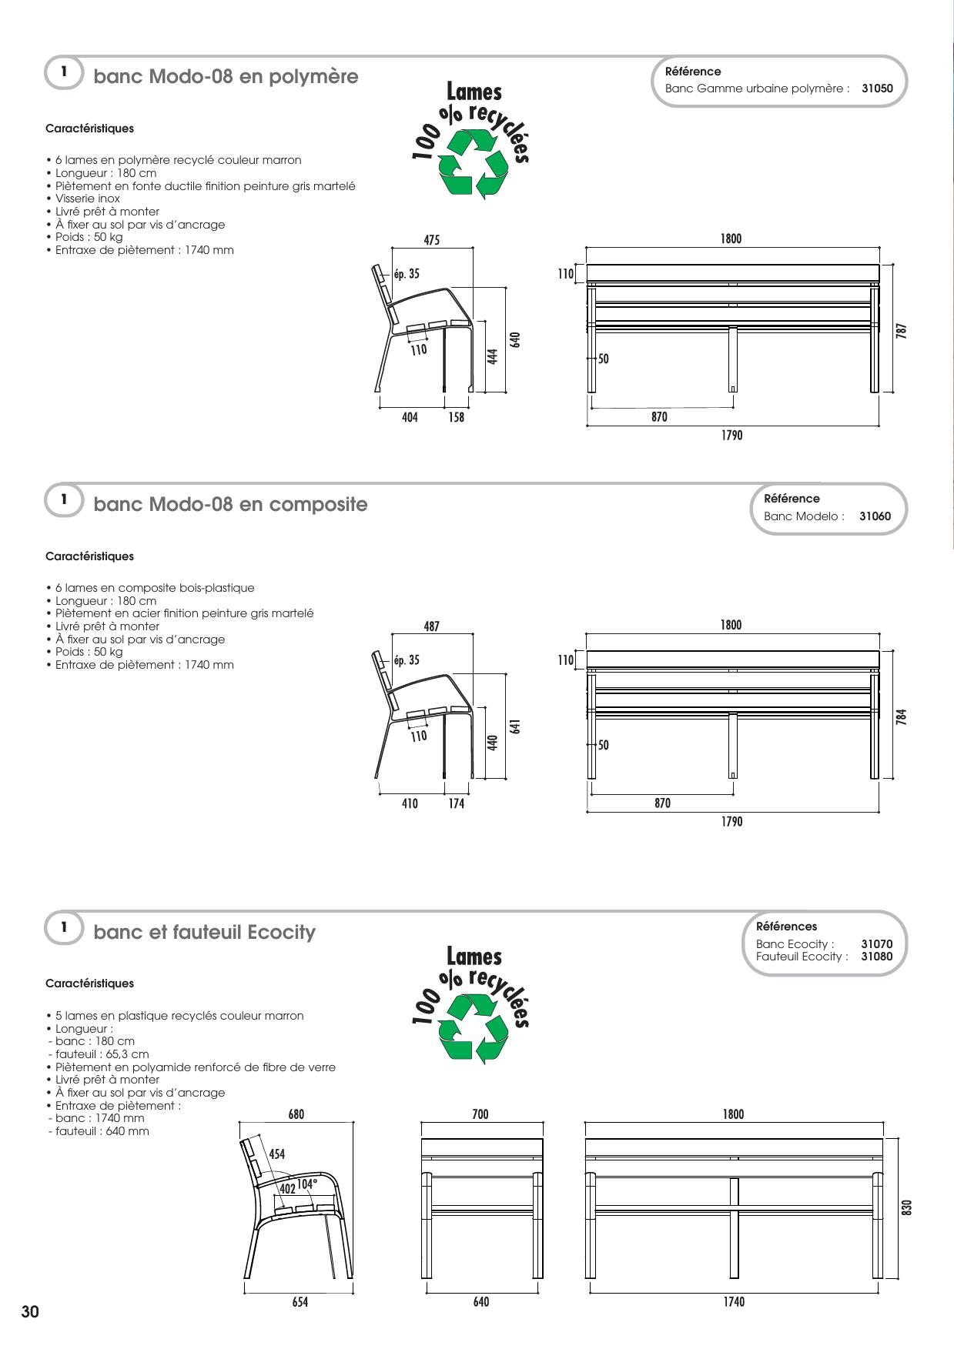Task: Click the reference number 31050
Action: (877, 88)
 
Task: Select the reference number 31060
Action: (875, 516)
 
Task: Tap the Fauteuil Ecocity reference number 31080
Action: (877, 957)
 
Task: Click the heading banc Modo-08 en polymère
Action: (226, 77)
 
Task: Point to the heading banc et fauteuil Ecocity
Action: (205, 933)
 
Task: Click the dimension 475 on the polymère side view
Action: (432, 240)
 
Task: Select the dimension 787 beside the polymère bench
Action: (902, 330)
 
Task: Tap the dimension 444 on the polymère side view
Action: (494, 356)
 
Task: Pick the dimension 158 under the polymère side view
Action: (457, 417)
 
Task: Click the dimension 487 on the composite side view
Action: (432, 626)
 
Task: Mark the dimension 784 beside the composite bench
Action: (902, 716)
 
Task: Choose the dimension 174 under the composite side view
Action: (457, 803)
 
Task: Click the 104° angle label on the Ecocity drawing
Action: (306, 1184)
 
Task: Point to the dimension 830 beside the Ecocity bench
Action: (906, 1208)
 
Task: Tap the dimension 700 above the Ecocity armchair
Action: (480, 1114)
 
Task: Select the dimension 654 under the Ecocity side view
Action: (300, 1302)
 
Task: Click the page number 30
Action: (30, 1312)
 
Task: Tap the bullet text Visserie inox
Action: (88, 199)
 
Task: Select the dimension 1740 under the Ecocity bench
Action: (734, 1302)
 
